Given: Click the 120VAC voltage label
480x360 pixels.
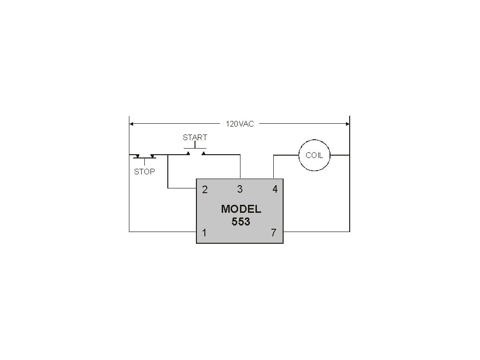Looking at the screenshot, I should (240, 124).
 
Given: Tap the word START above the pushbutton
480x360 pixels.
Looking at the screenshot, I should (195, 137).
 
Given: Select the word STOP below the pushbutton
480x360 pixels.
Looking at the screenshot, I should (144, 172).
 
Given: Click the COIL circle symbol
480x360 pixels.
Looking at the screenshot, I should (314, 155).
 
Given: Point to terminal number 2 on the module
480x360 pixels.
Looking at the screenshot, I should (205, 190).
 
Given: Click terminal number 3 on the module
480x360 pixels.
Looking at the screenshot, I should (240, 189).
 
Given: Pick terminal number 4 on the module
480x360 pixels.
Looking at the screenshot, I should (275, 189).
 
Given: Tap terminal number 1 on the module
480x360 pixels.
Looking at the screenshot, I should (204, 232).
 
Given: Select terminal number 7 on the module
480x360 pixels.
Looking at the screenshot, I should (274, 232).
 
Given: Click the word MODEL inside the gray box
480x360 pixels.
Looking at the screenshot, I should (241, 209).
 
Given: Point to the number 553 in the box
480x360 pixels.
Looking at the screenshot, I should (241, 222).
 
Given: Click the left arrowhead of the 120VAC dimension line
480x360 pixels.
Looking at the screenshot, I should (132, 124).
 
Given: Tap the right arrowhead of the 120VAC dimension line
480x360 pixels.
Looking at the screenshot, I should (347, 124).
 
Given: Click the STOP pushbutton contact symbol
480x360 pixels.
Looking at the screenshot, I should (144, 156).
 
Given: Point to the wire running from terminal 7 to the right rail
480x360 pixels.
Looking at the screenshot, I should (316, 232).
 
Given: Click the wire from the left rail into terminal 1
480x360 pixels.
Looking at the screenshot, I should (162, 232).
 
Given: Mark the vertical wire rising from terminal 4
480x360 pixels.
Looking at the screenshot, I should (274, 167).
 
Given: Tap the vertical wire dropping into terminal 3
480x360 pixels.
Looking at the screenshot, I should (240, 166).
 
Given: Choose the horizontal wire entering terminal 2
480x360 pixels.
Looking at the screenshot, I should (182, 188).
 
